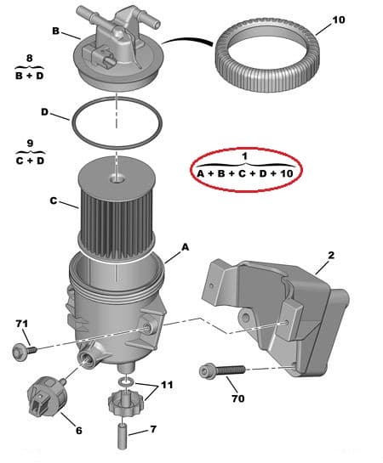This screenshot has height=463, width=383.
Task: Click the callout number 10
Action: click(338, 19)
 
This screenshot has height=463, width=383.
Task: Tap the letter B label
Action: click(55, 31)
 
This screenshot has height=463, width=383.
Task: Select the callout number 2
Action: click(331, 255)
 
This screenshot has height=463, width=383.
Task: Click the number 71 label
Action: click(23, 324)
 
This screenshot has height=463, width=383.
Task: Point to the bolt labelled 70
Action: click(223, 370)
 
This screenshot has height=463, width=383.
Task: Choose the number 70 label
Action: click(237, 398)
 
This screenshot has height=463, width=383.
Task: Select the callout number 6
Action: click(78, 430)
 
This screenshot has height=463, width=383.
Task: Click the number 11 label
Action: click(167, 385)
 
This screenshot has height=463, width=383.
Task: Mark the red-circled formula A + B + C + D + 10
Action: click(244, 172)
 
